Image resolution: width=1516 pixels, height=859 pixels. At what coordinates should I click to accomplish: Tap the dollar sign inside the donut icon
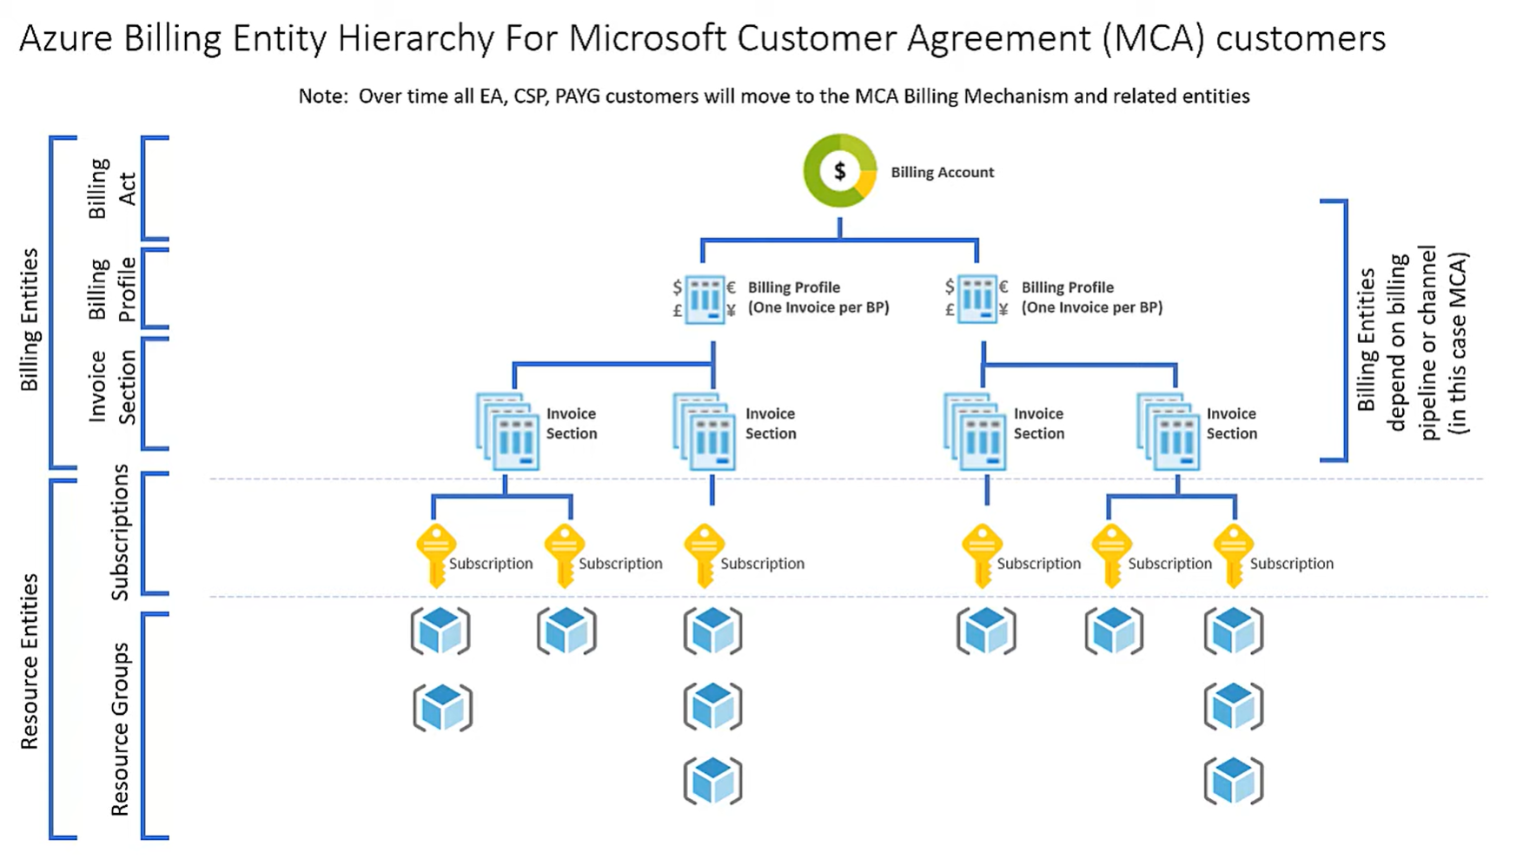[x=839, y=171]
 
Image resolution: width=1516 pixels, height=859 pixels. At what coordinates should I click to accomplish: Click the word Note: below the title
[x=323, y=96]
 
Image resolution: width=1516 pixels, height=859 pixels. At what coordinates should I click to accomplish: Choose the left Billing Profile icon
[x=705, y=299]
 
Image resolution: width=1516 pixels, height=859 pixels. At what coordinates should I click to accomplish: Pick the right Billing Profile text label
[x=1091, y=297]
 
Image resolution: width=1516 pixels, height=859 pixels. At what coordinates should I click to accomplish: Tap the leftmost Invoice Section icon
[x=508, y=432]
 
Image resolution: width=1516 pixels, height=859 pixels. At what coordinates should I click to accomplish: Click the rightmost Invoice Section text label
[x=1231, y=424]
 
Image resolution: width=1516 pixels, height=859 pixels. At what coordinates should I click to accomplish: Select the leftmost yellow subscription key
[x=436, y=555]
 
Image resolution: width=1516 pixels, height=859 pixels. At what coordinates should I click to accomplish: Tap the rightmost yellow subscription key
[x=1233, y=555]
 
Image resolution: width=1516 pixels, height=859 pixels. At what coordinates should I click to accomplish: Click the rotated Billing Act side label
[x=112, y=188]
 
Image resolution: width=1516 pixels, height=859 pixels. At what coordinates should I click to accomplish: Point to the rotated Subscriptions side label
[x=120, y=532]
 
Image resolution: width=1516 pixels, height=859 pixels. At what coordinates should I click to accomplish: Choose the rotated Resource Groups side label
[x=120, y=729]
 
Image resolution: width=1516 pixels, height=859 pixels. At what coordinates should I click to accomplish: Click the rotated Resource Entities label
[x=30, y=661]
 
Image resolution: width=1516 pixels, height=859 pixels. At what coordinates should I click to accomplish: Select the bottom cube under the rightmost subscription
[x=1234, y=780]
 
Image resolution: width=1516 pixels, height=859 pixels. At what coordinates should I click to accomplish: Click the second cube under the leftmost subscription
[x=442, y=707]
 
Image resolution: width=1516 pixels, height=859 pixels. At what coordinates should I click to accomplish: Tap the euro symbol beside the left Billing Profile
[x=732, y=287]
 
